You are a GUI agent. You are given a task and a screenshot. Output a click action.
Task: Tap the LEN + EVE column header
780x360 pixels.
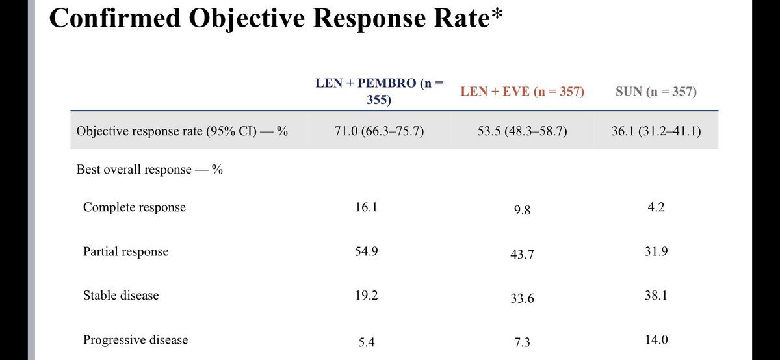click(522, 92)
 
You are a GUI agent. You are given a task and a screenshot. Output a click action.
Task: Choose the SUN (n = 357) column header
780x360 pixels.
click(655, 92)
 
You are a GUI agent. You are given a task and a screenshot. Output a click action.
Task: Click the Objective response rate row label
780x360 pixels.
click(182, 131)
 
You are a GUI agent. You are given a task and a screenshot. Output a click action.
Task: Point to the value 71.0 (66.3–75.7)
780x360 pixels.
click(378, 131)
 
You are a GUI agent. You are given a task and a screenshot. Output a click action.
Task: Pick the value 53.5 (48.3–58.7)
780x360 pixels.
click(522, 131)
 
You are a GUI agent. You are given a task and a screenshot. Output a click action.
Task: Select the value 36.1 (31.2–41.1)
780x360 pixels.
click(655, 131)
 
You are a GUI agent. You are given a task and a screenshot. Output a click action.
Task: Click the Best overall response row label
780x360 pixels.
click(150, 170)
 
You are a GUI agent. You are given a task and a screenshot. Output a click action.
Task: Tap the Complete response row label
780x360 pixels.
click(135, 207)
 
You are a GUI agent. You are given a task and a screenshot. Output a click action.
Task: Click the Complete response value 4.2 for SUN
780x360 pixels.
click(655, 207)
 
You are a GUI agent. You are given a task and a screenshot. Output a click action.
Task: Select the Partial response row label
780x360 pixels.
click(125, 251)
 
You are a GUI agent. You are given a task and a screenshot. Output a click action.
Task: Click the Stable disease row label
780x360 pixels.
click(121, 295)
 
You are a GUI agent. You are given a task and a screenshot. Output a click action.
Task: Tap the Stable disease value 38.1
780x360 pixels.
click(655, 295)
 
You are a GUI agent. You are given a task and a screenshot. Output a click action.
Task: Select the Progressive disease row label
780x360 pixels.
click(135, 339)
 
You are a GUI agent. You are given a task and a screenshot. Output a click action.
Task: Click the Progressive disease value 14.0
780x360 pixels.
click(655, 339)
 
